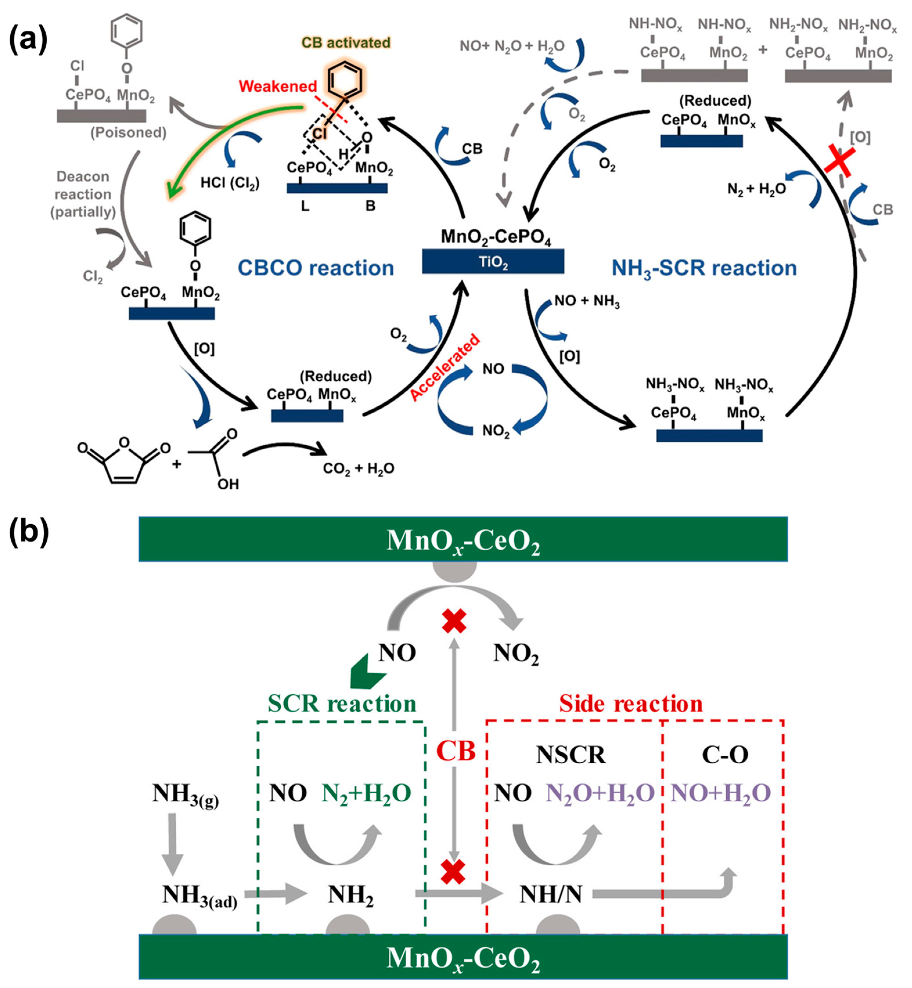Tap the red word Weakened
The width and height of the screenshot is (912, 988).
(278, 86)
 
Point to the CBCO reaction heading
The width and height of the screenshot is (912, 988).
(316, 268)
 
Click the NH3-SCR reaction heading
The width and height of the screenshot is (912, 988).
(704, 268)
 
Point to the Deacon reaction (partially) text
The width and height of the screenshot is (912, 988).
(83, 194)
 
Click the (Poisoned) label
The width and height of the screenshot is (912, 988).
(128, 132)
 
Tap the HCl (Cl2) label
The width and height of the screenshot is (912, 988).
(230, 183)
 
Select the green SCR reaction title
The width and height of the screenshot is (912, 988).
(342, 703)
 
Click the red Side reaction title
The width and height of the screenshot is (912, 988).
(631, 703)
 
